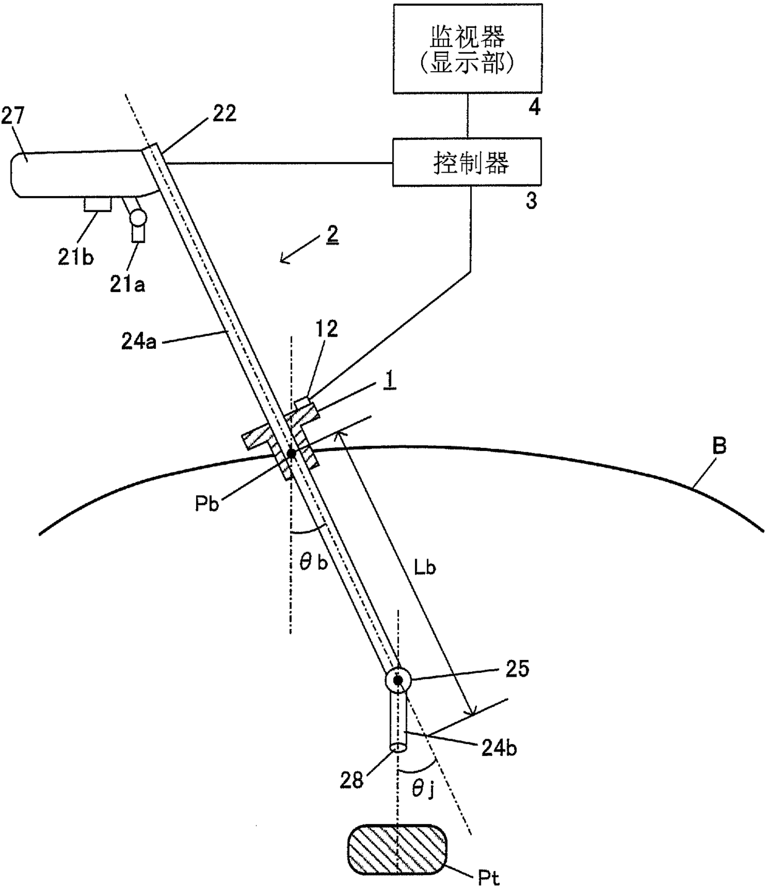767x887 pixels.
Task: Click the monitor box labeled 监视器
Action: click(x=467, y=48)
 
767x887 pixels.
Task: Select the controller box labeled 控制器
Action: click(x=467, y=162)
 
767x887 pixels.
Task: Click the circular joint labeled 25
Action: click(x=398, y=680)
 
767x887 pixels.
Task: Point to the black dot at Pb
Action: click(x=291, y=453)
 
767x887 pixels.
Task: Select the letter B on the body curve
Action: click(x=719, y=447)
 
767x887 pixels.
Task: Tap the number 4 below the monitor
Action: click(x=533, y=107)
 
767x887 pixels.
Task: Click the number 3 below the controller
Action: click(x=531, y=202)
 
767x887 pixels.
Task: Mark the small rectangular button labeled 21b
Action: click(x=98, y=204)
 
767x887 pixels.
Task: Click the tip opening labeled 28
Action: click(x=398, y=748)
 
